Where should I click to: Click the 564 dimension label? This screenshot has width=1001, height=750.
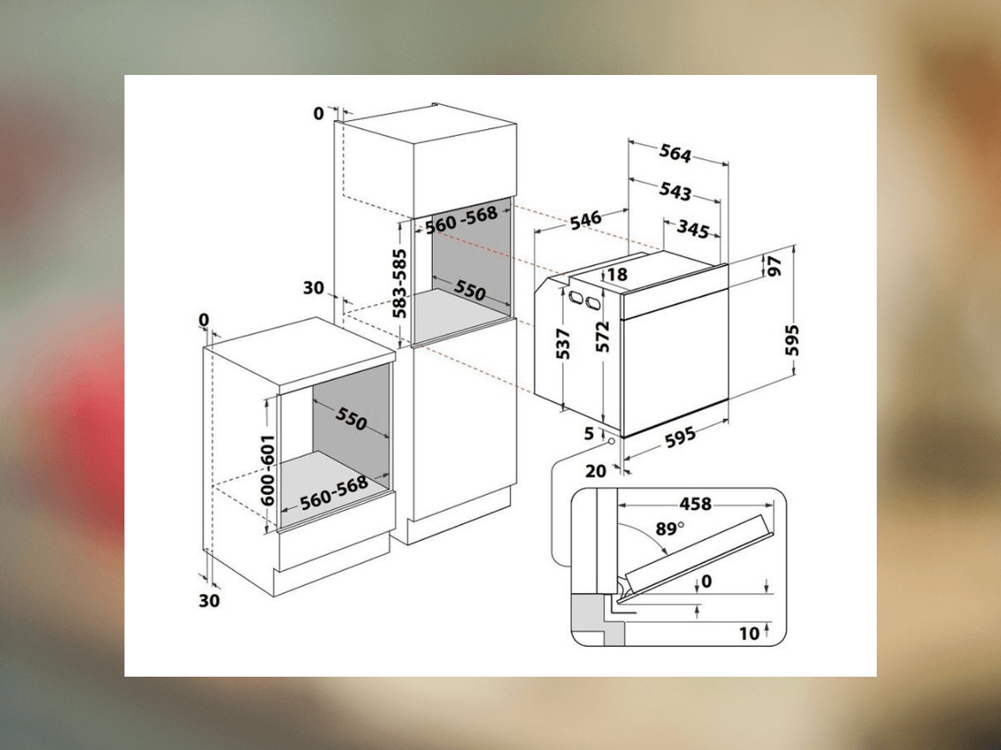click(675, 153)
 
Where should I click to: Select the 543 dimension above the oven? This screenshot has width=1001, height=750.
click(675, 192)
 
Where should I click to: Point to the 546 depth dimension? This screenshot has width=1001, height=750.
click(586, 220)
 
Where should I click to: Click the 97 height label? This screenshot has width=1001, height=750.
click(774, 266)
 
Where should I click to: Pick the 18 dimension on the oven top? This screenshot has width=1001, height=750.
click(617, 274)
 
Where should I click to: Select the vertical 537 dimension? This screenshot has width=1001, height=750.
click(564, 343)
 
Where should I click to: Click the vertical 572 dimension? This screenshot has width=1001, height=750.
click(602, 337)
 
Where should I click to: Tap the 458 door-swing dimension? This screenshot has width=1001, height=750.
click(695, 504)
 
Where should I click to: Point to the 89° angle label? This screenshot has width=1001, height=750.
click(670, 528)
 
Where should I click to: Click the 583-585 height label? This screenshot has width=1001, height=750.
click(400, 283)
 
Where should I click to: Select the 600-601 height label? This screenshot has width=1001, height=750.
click(268, 470)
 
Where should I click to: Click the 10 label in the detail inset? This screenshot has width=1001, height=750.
click(749, 633)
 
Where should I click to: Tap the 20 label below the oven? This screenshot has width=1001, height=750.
click(596, 471)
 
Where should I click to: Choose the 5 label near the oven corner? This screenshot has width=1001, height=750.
click(589, 433)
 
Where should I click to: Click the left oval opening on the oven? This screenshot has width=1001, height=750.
click(575, 297)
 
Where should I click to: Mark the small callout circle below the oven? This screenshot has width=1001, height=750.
click(610, 441)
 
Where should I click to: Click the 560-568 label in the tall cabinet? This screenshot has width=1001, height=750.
click(461, 220)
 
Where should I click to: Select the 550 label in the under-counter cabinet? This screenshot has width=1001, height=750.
click(351, 418)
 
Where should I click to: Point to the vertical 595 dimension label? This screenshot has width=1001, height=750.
click(792, 340)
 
